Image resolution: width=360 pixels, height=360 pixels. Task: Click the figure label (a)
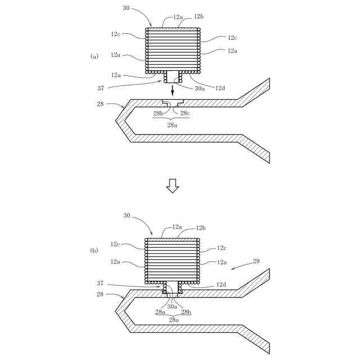point(94,56)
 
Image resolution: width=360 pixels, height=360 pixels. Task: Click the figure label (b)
point(94,250)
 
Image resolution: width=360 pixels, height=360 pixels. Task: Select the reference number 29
point(256,262)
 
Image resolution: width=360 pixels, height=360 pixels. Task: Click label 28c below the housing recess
point(185,114)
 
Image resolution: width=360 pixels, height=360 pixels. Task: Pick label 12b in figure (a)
point(199,17)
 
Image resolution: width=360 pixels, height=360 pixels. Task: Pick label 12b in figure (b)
point(200,228)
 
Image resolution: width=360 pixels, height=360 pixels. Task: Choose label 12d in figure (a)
point(220,88)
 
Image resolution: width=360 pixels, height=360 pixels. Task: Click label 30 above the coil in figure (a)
point(127,8)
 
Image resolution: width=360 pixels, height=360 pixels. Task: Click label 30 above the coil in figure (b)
point(127,215)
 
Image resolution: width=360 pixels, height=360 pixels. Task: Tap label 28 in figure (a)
point(100,104)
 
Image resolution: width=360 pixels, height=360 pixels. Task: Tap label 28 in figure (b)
point(100,294)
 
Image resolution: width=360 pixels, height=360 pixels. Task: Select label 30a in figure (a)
point(199,88)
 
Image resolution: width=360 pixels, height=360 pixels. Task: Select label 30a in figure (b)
point(173,307)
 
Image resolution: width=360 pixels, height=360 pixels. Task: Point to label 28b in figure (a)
point(159,114)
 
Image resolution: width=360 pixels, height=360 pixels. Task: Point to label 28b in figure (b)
point(186,312)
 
